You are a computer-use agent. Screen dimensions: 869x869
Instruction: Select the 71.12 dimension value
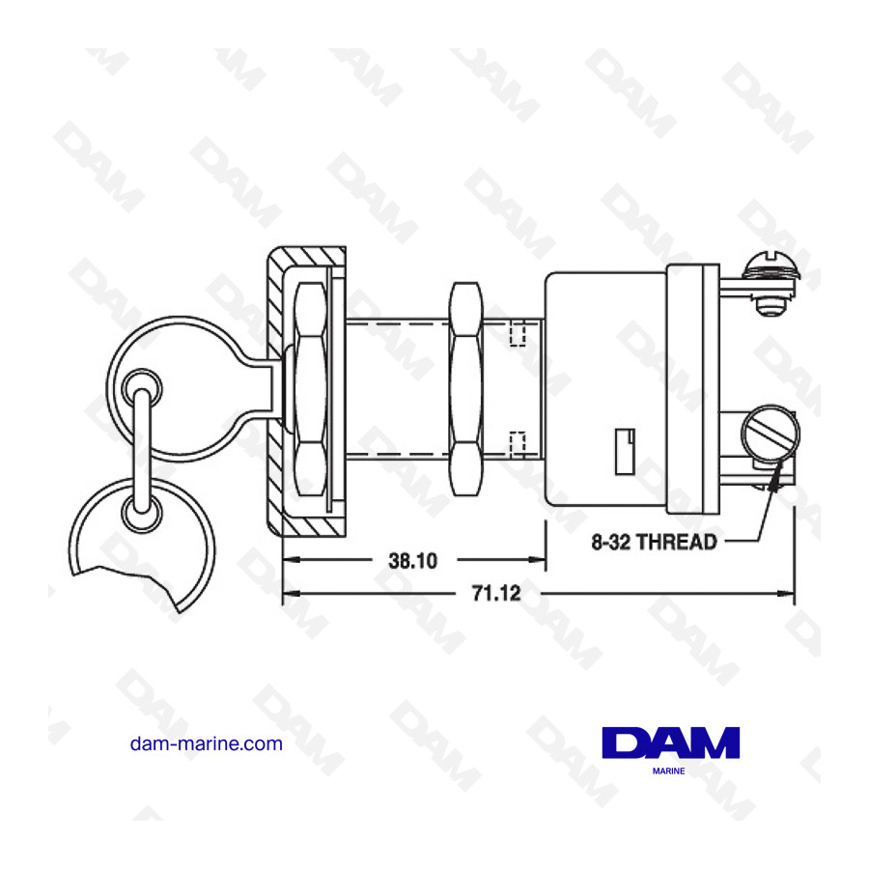496,594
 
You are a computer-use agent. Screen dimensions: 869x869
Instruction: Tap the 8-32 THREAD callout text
654,542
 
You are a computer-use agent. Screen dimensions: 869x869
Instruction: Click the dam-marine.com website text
206,743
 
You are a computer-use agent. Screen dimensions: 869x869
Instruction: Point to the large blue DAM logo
670,743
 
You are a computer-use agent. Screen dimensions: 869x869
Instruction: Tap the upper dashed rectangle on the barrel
518,332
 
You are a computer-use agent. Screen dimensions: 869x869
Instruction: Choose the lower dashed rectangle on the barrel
518,443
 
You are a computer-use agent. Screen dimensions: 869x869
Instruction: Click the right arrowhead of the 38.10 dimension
540,560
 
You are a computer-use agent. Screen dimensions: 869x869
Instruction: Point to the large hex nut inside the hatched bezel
311,388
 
